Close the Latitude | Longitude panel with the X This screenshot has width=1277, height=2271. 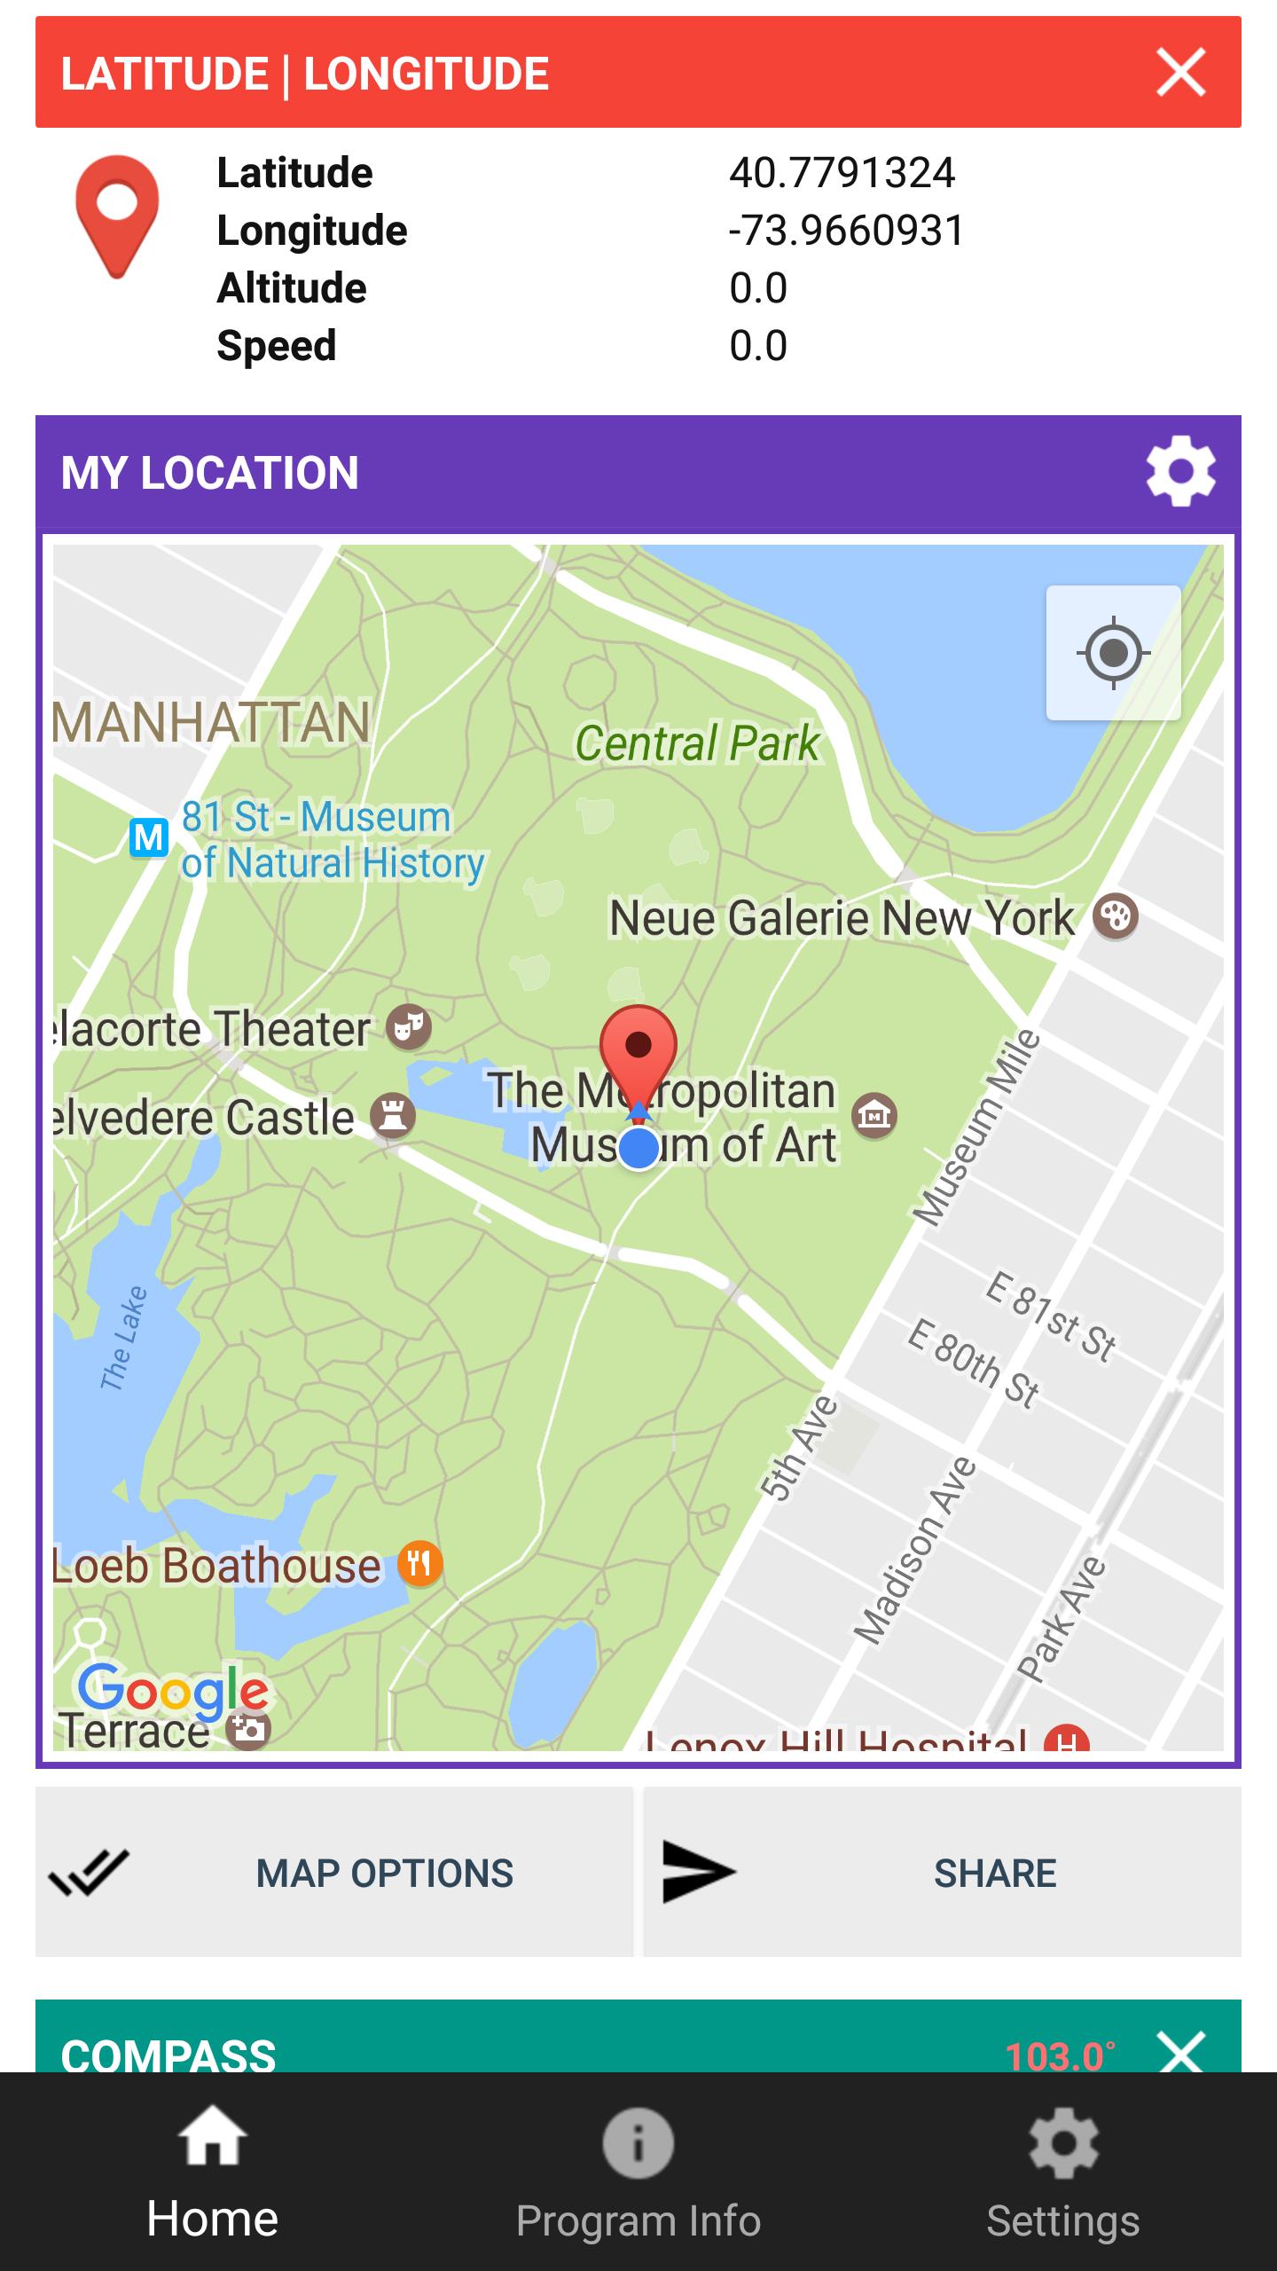[x=1180, y=73]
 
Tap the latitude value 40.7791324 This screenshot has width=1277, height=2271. [x=842, y=173]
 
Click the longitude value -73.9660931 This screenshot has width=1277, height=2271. [x=846, y=231]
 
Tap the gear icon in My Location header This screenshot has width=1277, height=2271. [x=1180, y=471]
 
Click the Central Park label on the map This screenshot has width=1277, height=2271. [x=697, y=743]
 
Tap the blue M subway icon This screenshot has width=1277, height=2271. [x=149, y=837]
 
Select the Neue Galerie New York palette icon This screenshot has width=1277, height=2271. [x=1115, y=916]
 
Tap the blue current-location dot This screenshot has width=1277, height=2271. [x=638, y=1148]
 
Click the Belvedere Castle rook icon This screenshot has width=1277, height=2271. [x=393, y=1115]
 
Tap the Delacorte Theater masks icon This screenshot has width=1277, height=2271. [x=409, y=1027]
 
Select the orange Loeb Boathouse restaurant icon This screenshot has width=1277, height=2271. [x=419, y=1563]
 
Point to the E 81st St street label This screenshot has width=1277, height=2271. [x=1051, y=1316]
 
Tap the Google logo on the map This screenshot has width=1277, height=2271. [x=173, y=1690]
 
